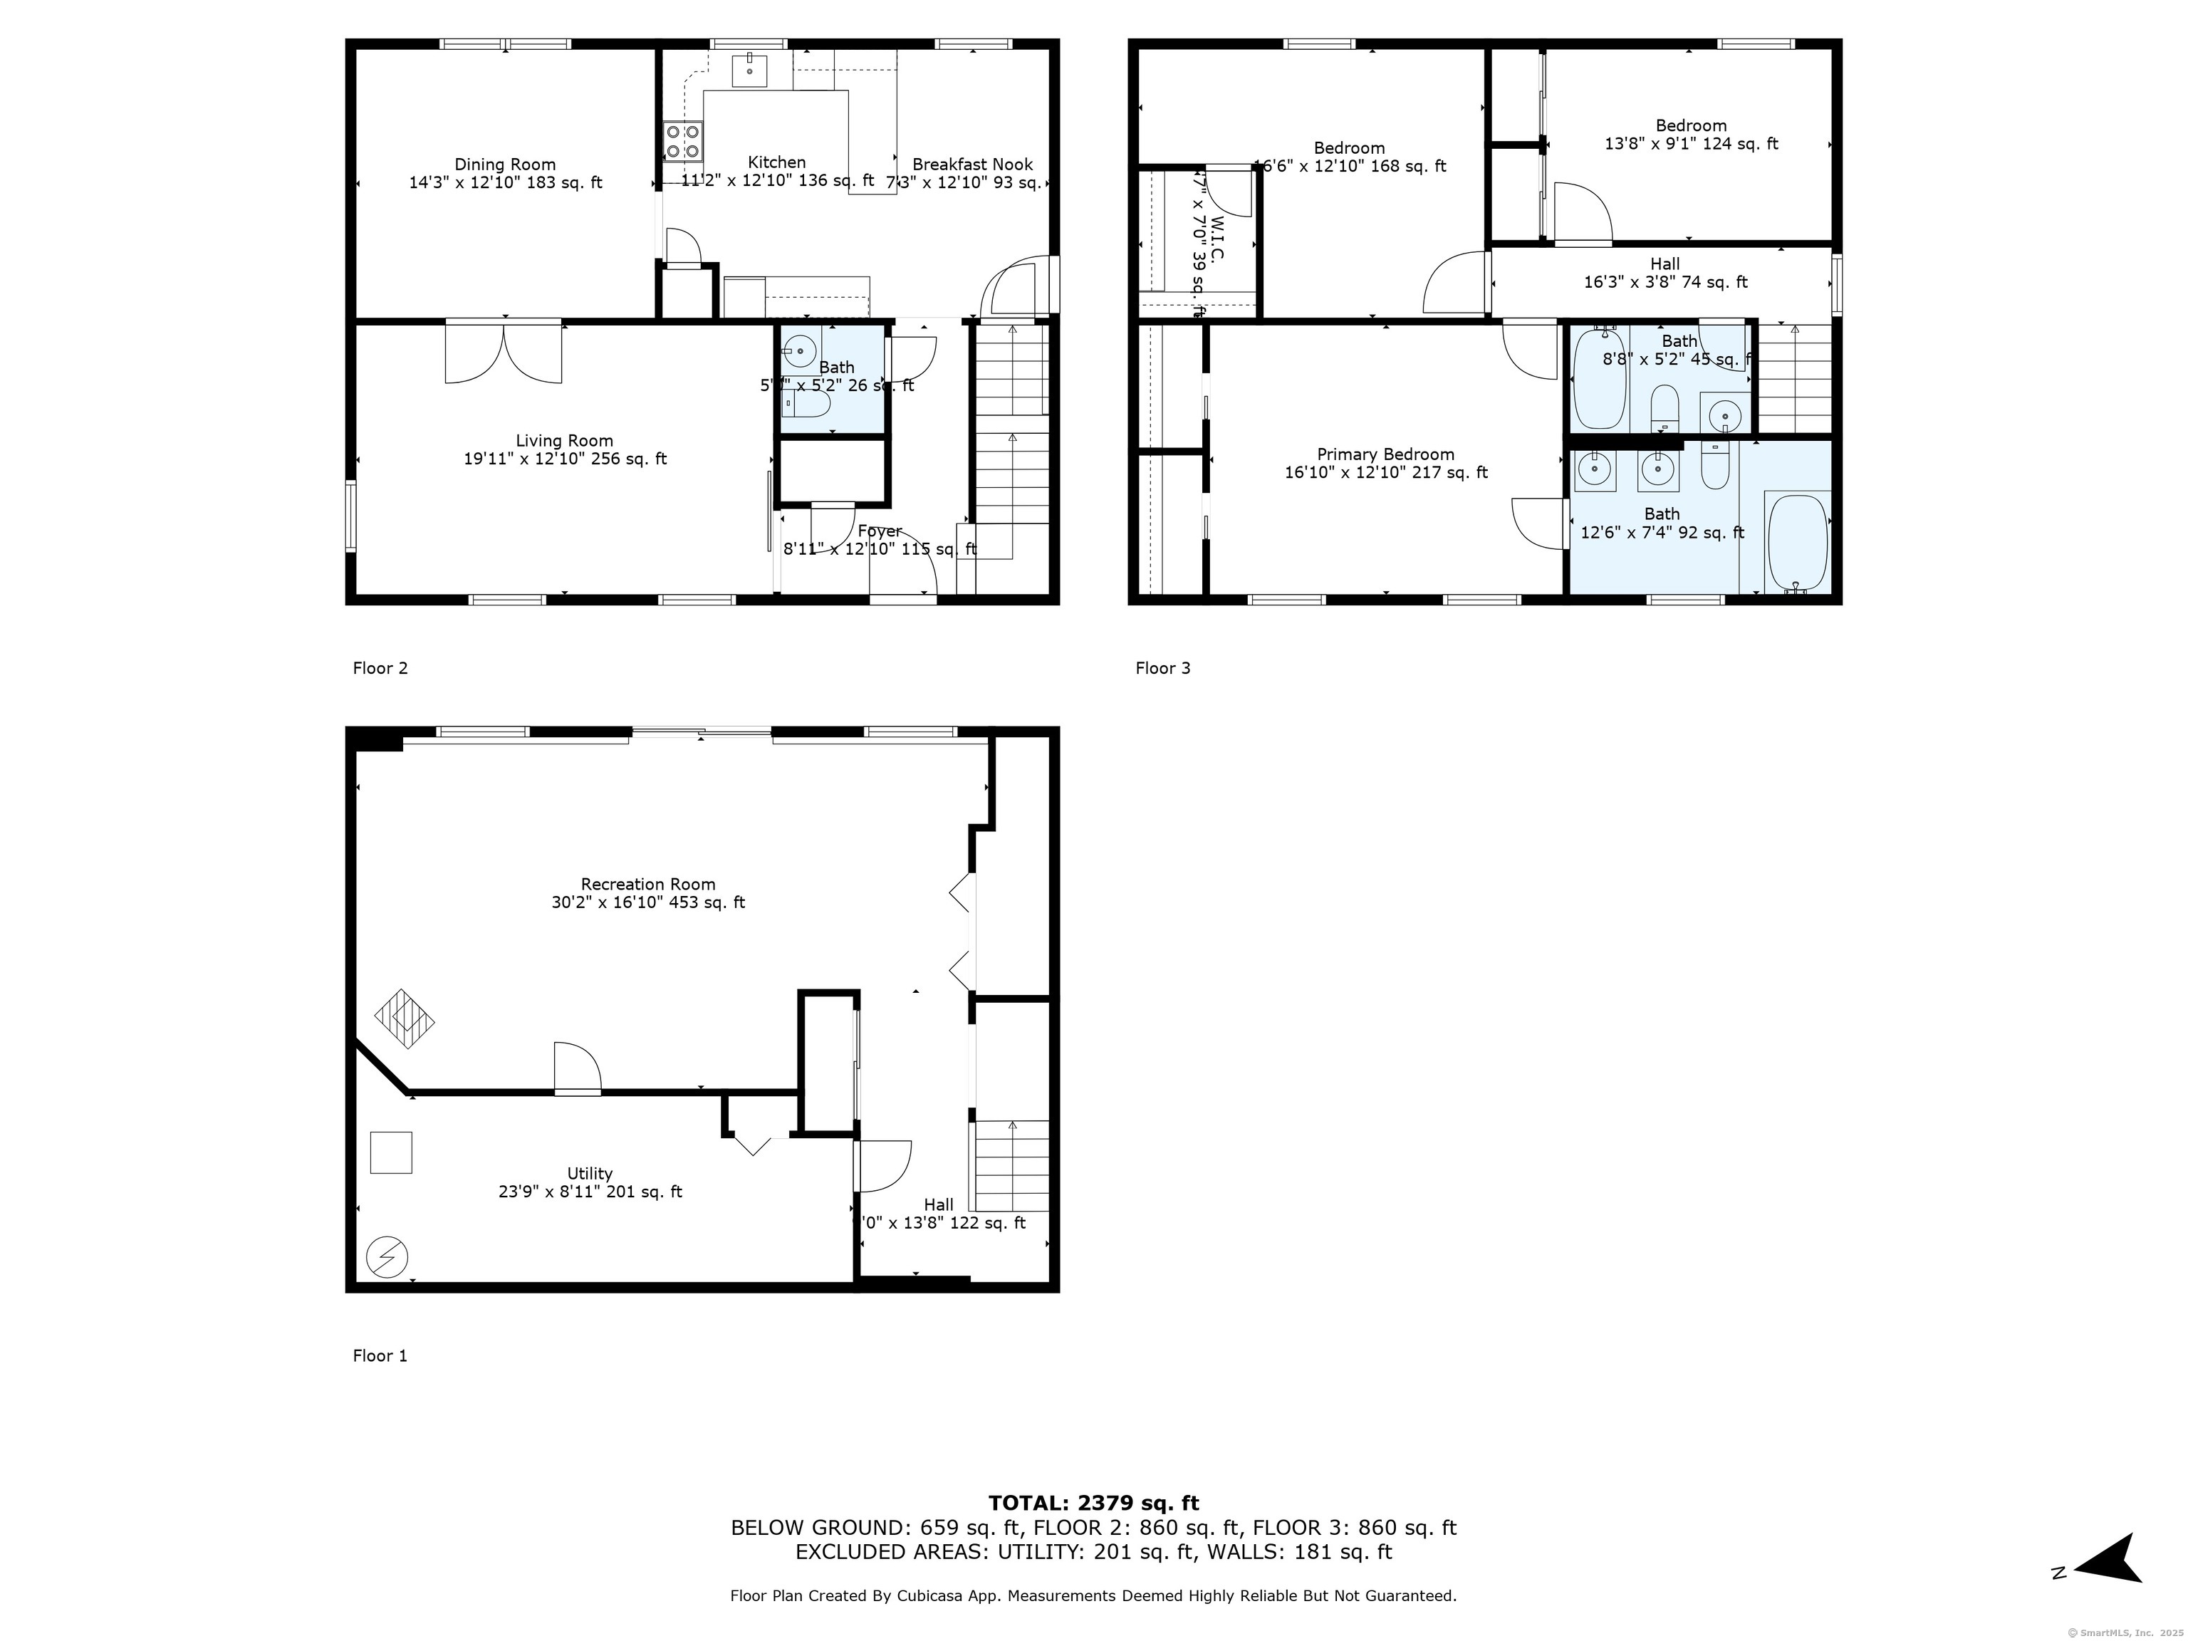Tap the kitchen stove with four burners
[682, 140]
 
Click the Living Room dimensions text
[565, 459]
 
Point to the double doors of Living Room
[504, 351]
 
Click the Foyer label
[880, 531]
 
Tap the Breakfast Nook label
[971, 165]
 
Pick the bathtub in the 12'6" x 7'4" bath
[1797, 543]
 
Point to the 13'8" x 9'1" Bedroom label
[1690, 125]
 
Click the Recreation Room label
[648, 885]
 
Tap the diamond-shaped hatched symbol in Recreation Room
[405, 1018]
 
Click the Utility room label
[590, 1174]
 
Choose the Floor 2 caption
[380, 667]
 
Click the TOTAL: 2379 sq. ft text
[1093, 1504]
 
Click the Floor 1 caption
[380, 1355]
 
